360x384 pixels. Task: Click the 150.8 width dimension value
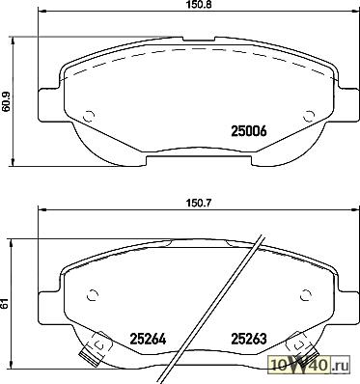click(199, 5)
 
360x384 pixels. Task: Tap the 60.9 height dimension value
click(7, 101)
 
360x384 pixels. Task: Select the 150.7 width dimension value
click(199, 203)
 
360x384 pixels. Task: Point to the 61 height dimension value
click(4, 305)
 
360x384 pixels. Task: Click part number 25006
click(249, 131)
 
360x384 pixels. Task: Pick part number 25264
click(148, 339)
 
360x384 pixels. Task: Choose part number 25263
click(249, 339)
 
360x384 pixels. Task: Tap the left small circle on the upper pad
click(89, 116)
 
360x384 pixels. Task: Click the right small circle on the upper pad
click(309, 116)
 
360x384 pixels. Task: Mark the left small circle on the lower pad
click(93, 294)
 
